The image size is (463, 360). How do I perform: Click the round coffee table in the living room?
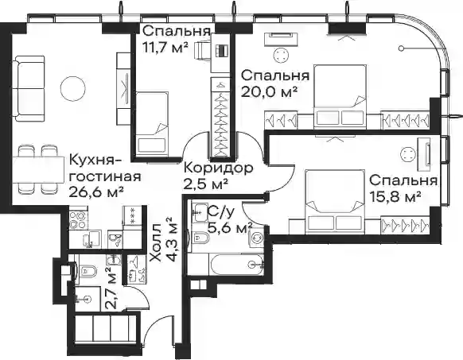pos(72,88)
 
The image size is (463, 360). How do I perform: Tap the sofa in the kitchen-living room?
pos(29,89)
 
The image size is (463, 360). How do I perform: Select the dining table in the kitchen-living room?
pos(38,170)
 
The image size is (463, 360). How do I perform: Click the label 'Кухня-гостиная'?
pos(105,168)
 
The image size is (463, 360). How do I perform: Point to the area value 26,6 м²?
pos(96,192)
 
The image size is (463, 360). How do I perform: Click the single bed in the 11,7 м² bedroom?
pos(153,124)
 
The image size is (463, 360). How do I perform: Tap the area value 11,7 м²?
pos(165,47)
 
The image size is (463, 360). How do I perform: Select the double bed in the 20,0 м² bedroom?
pos(340,97)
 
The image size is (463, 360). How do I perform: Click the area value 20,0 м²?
pos(269,92)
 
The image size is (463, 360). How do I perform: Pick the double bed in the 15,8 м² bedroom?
pos(334,202)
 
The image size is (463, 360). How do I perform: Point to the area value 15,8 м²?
pos(395,197)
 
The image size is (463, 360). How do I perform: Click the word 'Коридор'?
pos(219,168)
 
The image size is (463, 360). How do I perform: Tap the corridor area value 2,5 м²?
pos(206,184)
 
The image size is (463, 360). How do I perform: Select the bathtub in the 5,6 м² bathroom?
pos(236,265)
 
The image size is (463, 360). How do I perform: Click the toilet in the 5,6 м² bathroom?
pos(200,238)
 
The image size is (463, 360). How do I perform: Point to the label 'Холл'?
pos(156,243)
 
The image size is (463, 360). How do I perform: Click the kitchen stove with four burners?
pos(79,219)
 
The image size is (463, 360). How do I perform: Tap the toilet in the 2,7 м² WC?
pos(86,269)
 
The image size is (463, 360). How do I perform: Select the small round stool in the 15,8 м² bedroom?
pos(408,154)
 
